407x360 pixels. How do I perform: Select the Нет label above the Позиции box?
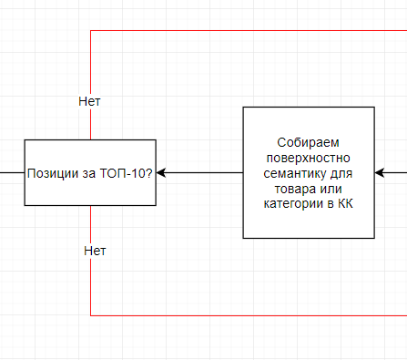[x=89, y=101]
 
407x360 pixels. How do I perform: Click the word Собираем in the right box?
[x=308, y=143]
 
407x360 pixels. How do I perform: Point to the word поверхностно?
[x=308, y=158]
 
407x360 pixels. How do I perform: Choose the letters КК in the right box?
[x=345, y=203]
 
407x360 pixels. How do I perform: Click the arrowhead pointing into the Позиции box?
[x=163, y=172]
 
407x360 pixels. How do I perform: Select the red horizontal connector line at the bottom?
[x=246, y=315]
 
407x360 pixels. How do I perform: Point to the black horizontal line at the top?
[x=246, y=31]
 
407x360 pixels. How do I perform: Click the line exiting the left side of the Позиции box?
[x=11, y=172]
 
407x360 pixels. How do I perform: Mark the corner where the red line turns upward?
[x=91, y=315]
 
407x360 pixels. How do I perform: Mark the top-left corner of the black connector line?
[x=91, y=31]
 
